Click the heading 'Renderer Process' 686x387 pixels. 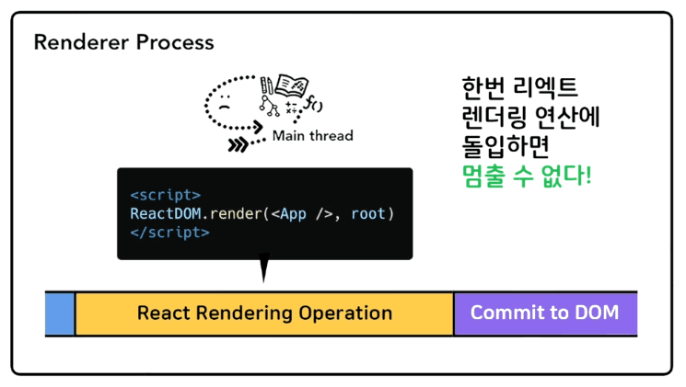coord(123,42)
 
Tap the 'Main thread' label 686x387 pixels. coord(312,136)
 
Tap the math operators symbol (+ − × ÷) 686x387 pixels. coord(293,108)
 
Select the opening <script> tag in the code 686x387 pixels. coord(165,195)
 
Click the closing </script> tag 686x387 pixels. coord(169,233)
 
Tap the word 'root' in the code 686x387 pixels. coord(367,214)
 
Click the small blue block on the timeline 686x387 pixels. coord(60,313)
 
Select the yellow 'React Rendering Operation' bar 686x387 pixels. coord(264,313)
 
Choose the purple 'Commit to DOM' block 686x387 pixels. coord(544,313)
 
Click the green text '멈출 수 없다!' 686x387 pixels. coord(526,174)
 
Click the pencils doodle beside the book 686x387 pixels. coord(268,84)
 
